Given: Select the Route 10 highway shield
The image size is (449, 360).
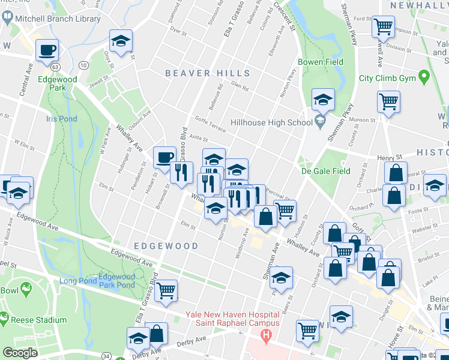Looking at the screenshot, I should point(83,65).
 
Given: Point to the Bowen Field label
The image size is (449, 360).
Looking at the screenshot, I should point(321,62).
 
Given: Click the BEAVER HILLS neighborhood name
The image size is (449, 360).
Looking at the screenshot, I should point(196,73).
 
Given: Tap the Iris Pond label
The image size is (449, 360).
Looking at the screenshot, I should point(61,119).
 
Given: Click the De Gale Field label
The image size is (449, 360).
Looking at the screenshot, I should point(325,171).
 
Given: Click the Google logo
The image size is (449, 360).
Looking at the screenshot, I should point(20,353).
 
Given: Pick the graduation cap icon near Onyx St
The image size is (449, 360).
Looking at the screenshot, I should point(121,41).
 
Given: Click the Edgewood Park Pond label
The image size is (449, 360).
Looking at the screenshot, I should point(117,281).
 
